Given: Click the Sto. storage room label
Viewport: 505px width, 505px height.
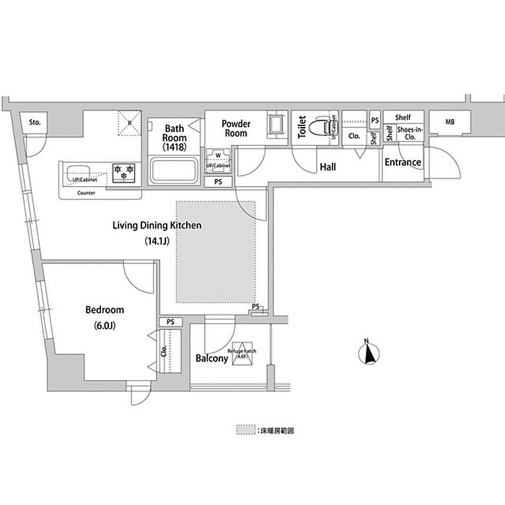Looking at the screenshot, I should tap(35, 123).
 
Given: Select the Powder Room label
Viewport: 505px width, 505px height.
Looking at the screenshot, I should tap(236, 128).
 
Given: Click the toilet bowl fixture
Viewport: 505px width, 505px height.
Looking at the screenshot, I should tap(320, 128).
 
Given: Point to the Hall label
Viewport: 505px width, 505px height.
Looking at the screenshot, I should tap(328, 167).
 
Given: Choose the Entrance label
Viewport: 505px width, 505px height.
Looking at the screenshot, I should tap(402, 162).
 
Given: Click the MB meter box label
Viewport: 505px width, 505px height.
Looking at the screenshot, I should tap(449, 122).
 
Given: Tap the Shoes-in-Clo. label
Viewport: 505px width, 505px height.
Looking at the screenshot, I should tap(409, 133).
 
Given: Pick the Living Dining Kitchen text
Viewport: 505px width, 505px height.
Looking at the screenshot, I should tap(156, 226).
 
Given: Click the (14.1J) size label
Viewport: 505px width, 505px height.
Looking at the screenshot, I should tap(156, 241).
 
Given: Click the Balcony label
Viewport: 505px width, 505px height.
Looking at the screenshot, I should tap(211, 358).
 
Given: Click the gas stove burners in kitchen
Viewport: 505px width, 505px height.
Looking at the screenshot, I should tap(123, 172).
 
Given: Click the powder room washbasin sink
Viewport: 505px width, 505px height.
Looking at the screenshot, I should tap(276, 124).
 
